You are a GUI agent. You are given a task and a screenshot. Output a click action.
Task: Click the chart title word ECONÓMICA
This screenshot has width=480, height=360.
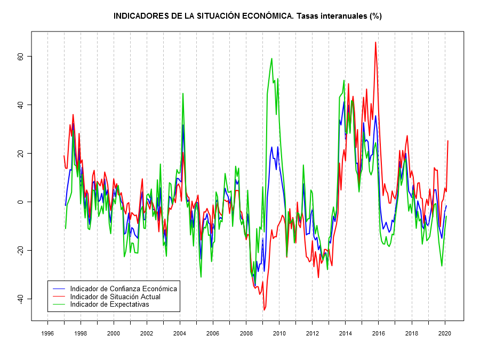tap(264, 16)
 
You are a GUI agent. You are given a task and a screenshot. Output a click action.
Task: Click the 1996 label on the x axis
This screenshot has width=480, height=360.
tap(47, 333)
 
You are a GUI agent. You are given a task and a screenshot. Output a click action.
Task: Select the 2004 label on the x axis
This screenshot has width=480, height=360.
tap(180, 333)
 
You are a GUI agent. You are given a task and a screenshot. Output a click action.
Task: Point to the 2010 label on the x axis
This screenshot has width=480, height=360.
tap(279, 333)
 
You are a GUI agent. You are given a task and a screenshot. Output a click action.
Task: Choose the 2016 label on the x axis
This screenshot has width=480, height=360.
tap(378, 333)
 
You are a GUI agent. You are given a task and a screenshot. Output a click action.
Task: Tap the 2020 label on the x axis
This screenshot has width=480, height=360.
tap(444, 333)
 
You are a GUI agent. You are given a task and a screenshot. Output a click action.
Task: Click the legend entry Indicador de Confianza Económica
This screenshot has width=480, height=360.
tap(123, 289)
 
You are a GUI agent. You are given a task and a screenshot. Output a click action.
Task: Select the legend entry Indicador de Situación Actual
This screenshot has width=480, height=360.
tap(115, 297)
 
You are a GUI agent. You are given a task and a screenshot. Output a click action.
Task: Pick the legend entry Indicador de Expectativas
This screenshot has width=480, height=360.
tap(109, 305)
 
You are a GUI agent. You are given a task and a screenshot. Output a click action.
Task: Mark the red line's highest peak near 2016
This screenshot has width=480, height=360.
tap(375, 42)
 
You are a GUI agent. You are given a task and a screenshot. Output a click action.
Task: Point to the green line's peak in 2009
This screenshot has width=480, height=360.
tap(272, 59)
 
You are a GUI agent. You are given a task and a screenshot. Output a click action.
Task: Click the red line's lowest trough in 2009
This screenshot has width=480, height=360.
tap(264, 310)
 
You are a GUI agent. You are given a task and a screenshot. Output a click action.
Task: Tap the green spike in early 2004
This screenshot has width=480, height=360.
tap(183, 93)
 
